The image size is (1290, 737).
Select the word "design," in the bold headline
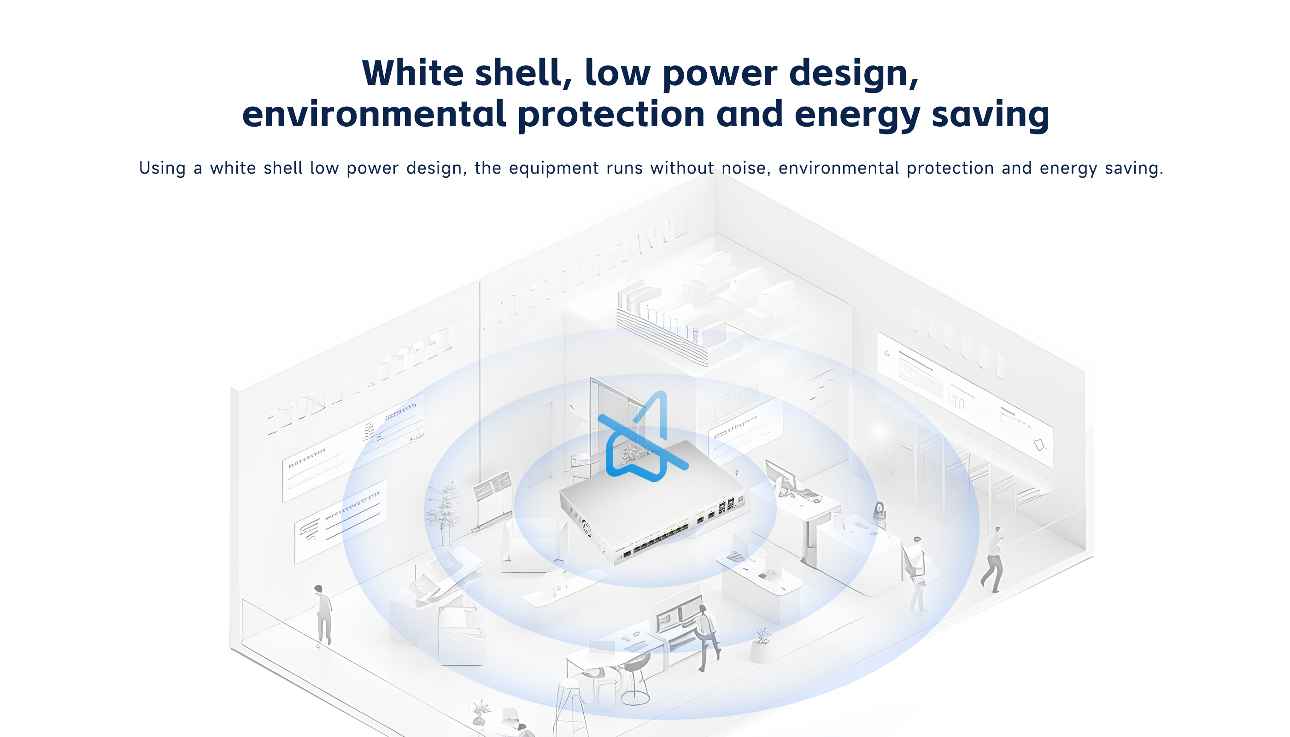854,74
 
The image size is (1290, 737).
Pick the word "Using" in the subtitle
163,168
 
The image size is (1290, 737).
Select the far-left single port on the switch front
627,554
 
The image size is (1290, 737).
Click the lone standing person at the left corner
322,615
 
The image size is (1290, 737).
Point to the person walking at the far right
993,560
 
